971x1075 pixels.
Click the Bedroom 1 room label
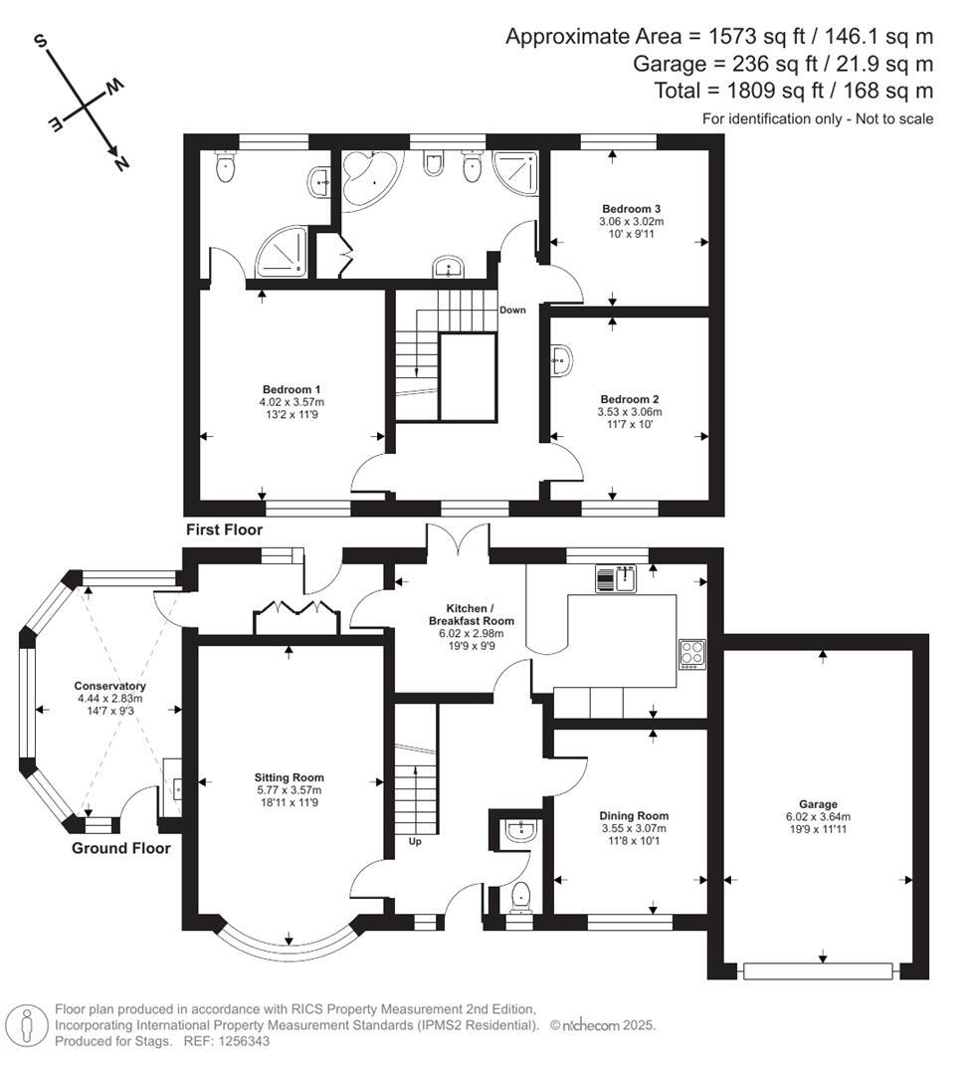click(291, 388)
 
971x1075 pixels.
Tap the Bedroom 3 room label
click(631, 208)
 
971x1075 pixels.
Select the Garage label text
click(818, 804)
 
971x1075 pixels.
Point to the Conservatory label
click(109, 686)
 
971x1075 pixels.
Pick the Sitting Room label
click(289, 777)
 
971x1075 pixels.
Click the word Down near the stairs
click(512, 310)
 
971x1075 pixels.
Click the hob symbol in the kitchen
click(692, 653)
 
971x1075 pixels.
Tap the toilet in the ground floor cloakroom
click(520, 899)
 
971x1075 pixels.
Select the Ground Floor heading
click(120, 848)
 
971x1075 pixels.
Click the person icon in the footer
click(27, 1024)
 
